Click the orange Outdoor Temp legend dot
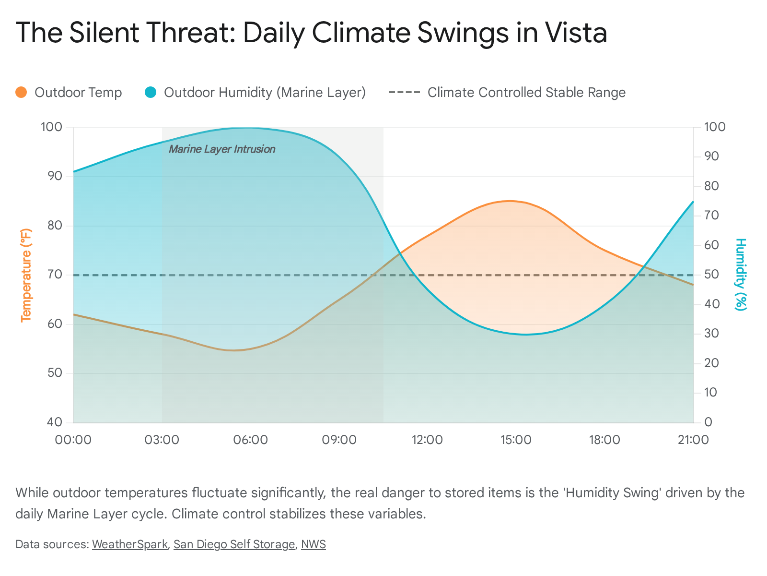coord(21,92)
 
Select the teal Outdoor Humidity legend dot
coord(151,92)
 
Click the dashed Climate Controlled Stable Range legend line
coord(405,92)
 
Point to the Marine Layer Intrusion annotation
coord(222,149)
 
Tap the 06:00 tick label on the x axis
coord(251,440)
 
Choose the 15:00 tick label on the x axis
coord(516,440)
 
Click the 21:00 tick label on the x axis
coord(693,440)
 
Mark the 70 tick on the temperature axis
coord(55,275)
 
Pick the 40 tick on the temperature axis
coord(55,422)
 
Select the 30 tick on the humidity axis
coord(711,334)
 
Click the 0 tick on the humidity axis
coord(708,422)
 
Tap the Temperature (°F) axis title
coord(26,275)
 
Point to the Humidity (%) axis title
coord(741,275)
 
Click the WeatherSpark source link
coord(129,544)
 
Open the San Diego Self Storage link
coord(234,544)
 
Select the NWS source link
coord(313,544)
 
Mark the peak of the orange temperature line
coord(509,201)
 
